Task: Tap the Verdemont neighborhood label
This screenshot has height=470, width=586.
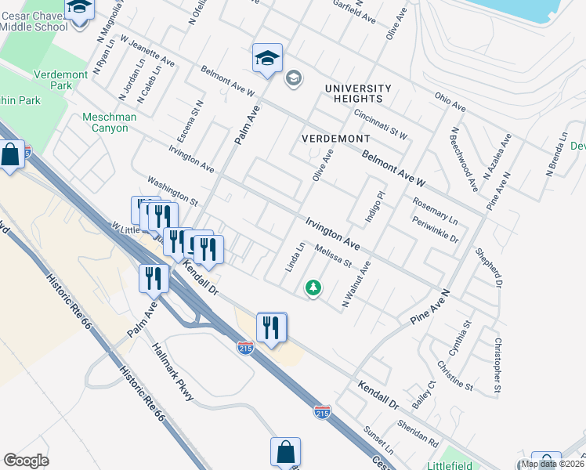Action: (x=336, y=138)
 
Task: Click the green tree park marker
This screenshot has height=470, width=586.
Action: (x=313, y=288)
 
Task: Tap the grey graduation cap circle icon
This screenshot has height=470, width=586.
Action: (x=294, y=78)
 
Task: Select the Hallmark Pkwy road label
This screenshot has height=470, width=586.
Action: (x=172, y=372)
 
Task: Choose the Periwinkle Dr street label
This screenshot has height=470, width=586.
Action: (x=435, y=227)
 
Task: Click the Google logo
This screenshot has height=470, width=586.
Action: (x=26, y=461)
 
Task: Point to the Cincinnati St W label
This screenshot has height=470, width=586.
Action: (x=380, y=123)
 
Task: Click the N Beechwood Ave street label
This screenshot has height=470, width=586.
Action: (x=464, y=160)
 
